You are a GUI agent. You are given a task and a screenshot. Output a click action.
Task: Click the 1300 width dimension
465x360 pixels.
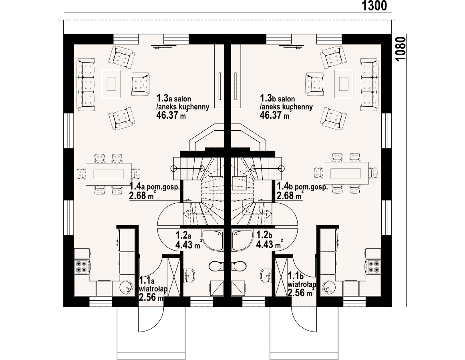point(374,6)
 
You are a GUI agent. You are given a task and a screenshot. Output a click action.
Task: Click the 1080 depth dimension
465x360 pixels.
point(401,49)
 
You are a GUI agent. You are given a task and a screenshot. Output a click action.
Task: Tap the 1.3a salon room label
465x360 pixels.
point(173,98)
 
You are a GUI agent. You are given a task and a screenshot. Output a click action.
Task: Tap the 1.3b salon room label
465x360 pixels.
point(277,98)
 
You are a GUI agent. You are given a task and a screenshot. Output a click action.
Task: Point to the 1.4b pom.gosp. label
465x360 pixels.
point(302,187)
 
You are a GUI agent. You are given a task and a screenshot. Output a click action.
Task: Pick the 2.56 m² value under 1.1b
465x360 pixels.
point(300,293)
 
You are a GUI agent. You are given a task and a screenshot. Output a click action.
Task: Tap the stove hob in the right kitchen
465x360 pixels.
point(373,266)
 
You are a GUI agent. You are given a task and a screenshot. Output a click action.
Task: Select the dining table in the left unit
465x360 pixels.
point(109,174)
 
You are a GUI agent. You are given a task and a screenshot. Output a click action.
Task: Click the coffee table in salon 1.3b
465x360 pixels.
point(344,84)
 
